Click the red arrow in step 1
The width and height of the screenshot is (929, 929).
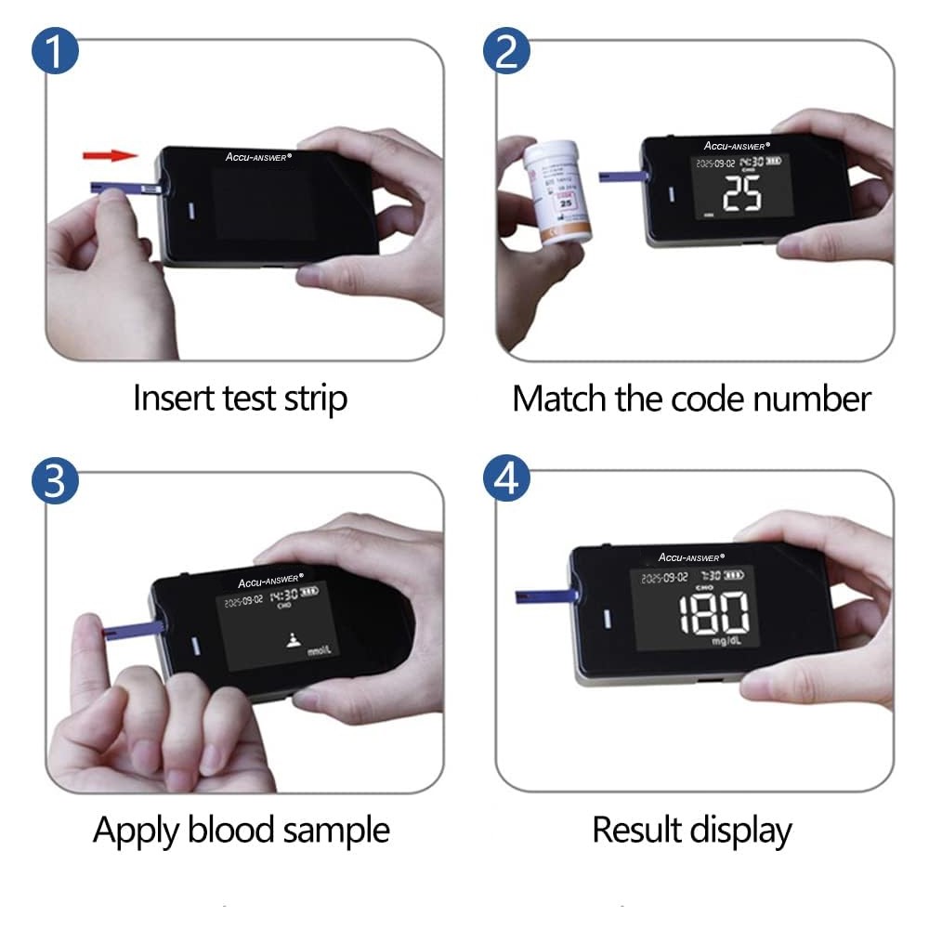pyautogui.click(x=109, y=155)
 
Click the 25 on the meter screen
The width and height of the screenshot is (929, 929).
pyautogui.click(x=741, y=192)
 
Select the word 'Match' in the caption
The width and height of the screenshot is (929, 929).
pyautogui.click(x=559, y=399)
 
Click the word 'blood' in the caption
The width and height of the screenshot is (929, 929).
pyautogui.click(x=225, y=829)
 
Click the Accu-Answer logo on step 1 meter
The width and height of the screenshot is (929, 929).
pyautogui.click(x=258, y=156)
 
